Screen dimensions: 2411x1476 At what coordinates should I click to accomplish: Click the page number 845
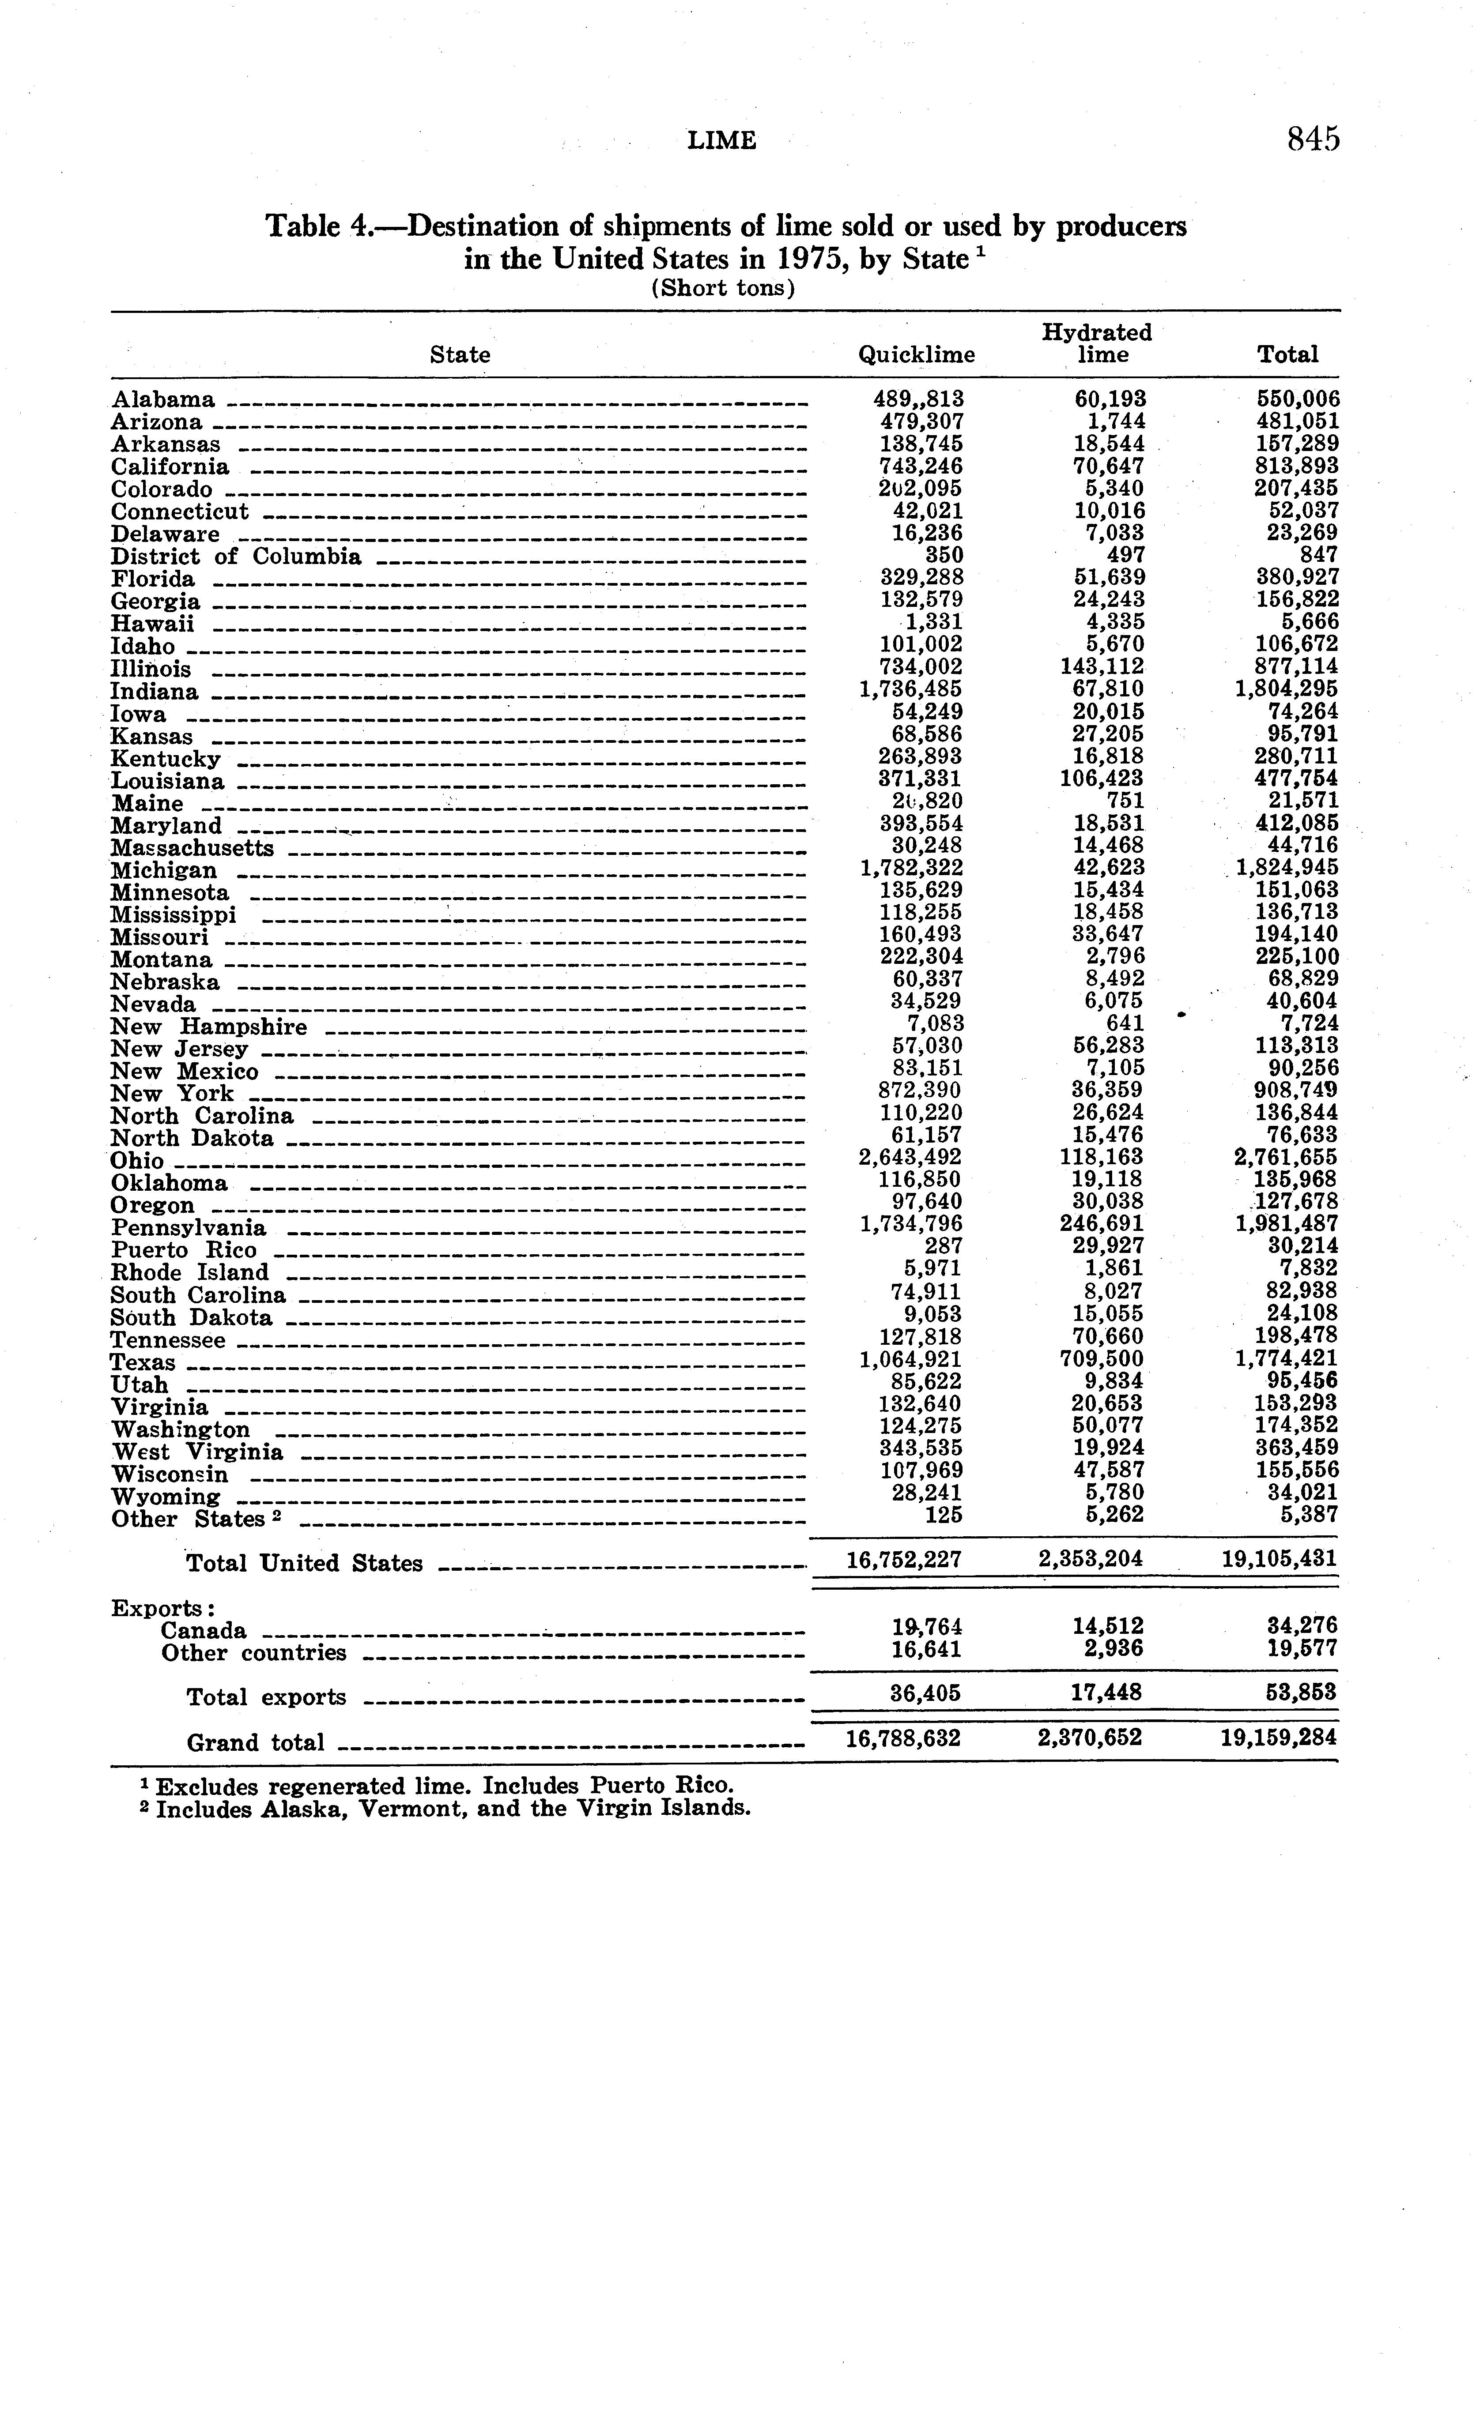(1313, 140)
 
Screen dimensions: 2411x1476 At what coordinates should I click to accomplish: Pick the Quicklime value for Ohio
(910, 1158)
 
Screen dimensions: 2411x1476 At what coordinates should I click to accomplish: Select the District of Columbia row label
(236, 557)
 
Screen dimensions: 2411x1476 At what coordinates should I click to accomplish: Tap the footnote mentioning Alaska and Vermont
(446, 1808)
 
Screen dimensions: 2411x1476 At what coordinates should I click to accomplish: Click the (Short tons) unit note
(722, 288)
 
